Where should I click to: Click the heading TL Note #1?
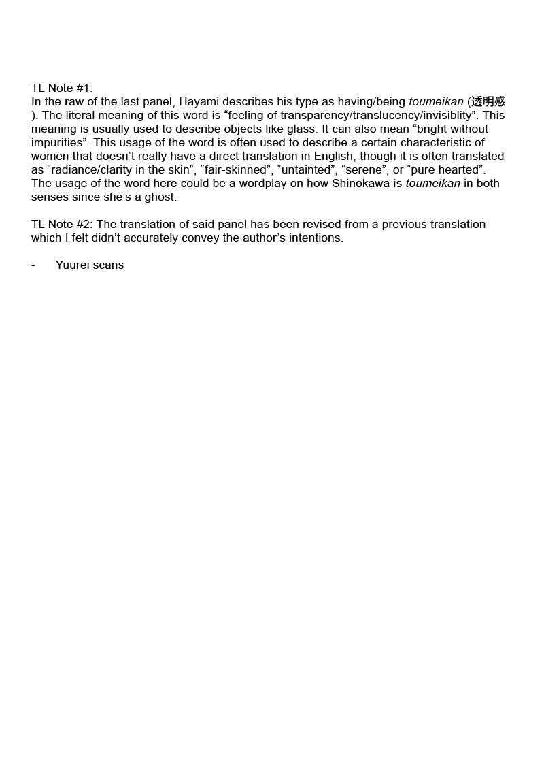tap(62, 88)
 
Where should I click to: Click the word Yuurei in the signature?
tap(73, 265)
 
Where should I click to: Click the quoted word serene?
tap(364, 169)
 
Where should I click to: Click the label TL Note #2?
tap(62, 224)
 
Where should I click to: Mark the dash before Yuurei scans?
tap(33, 265)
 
